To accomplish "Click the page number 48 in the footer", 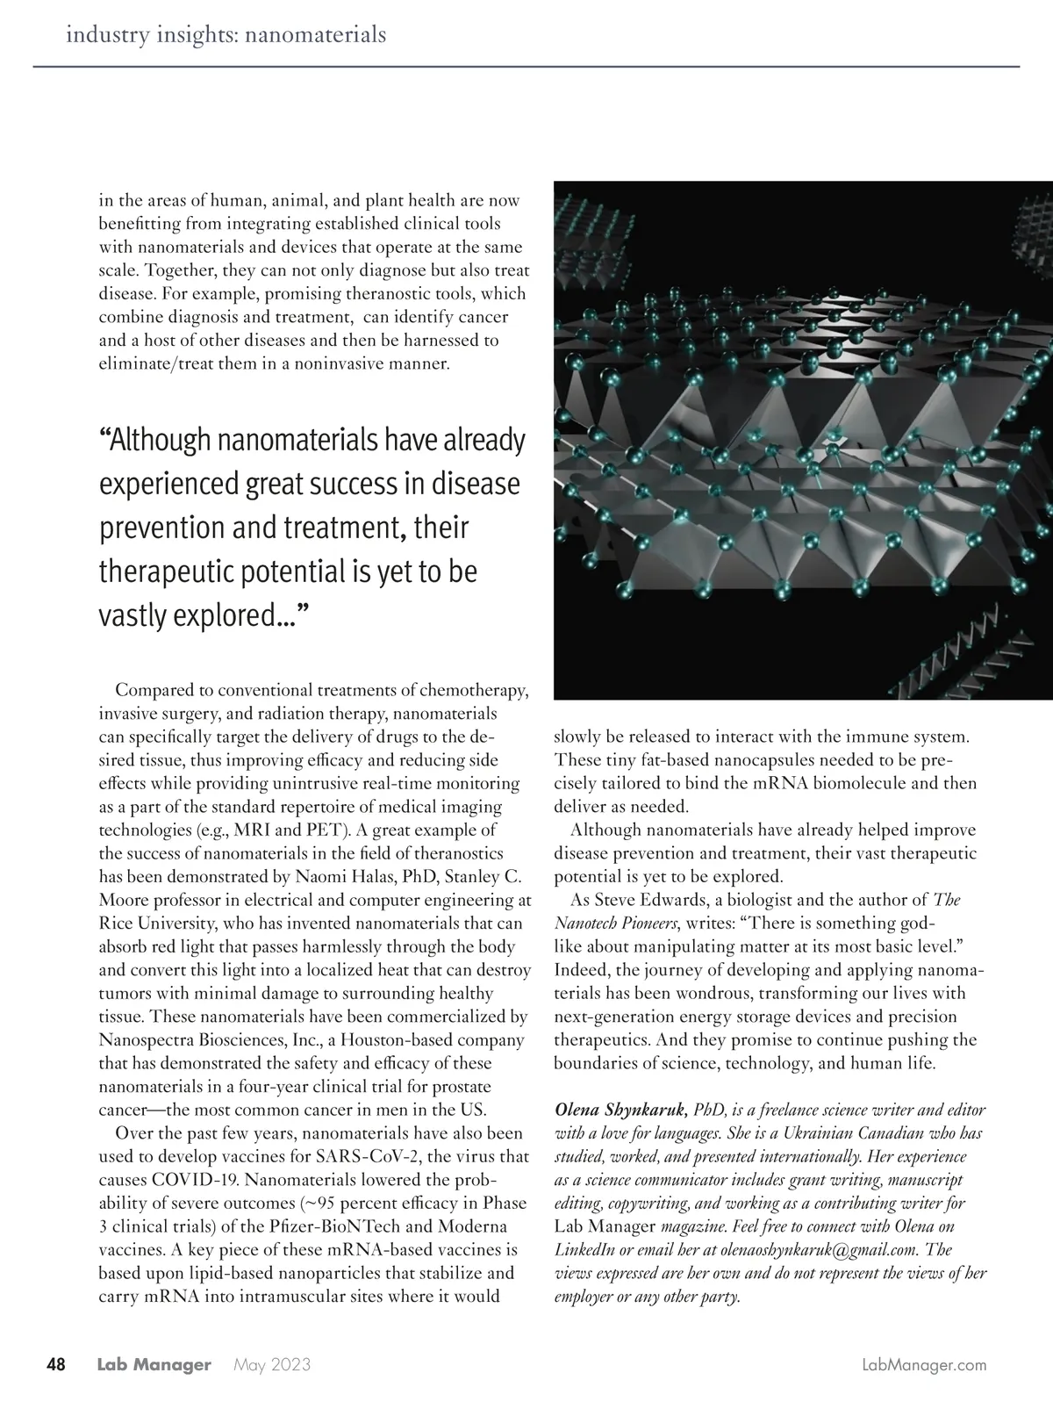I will [55, 1365].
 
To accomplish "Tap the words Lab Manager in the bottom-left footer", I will [154, 1365].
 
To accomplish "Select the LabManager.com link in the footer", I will [925, 1365].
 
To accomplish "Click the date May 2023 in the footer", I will [271, 1365].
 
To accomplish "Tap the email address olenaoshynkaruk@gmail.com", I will [813, 1249].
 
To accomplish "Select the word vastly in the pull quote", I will [133, 615].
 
